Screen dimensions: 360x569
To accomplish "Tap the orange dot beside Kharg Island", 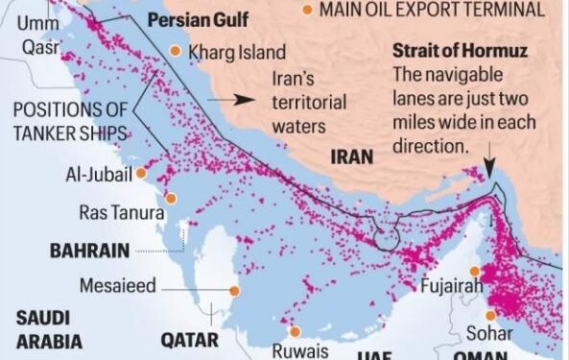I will [x=176, y=51].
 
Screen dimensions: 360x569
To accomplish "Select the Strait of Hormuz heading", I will [x=453, y=51].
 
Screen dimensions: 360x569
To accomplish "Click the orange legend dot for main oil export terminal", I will [x=306, y=10].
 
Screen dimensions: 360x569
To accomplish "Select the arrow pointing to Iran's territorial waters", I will [x=246, y=98].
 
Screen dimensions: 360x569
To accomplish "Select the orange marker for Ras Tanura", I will [x=171, y=199].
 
